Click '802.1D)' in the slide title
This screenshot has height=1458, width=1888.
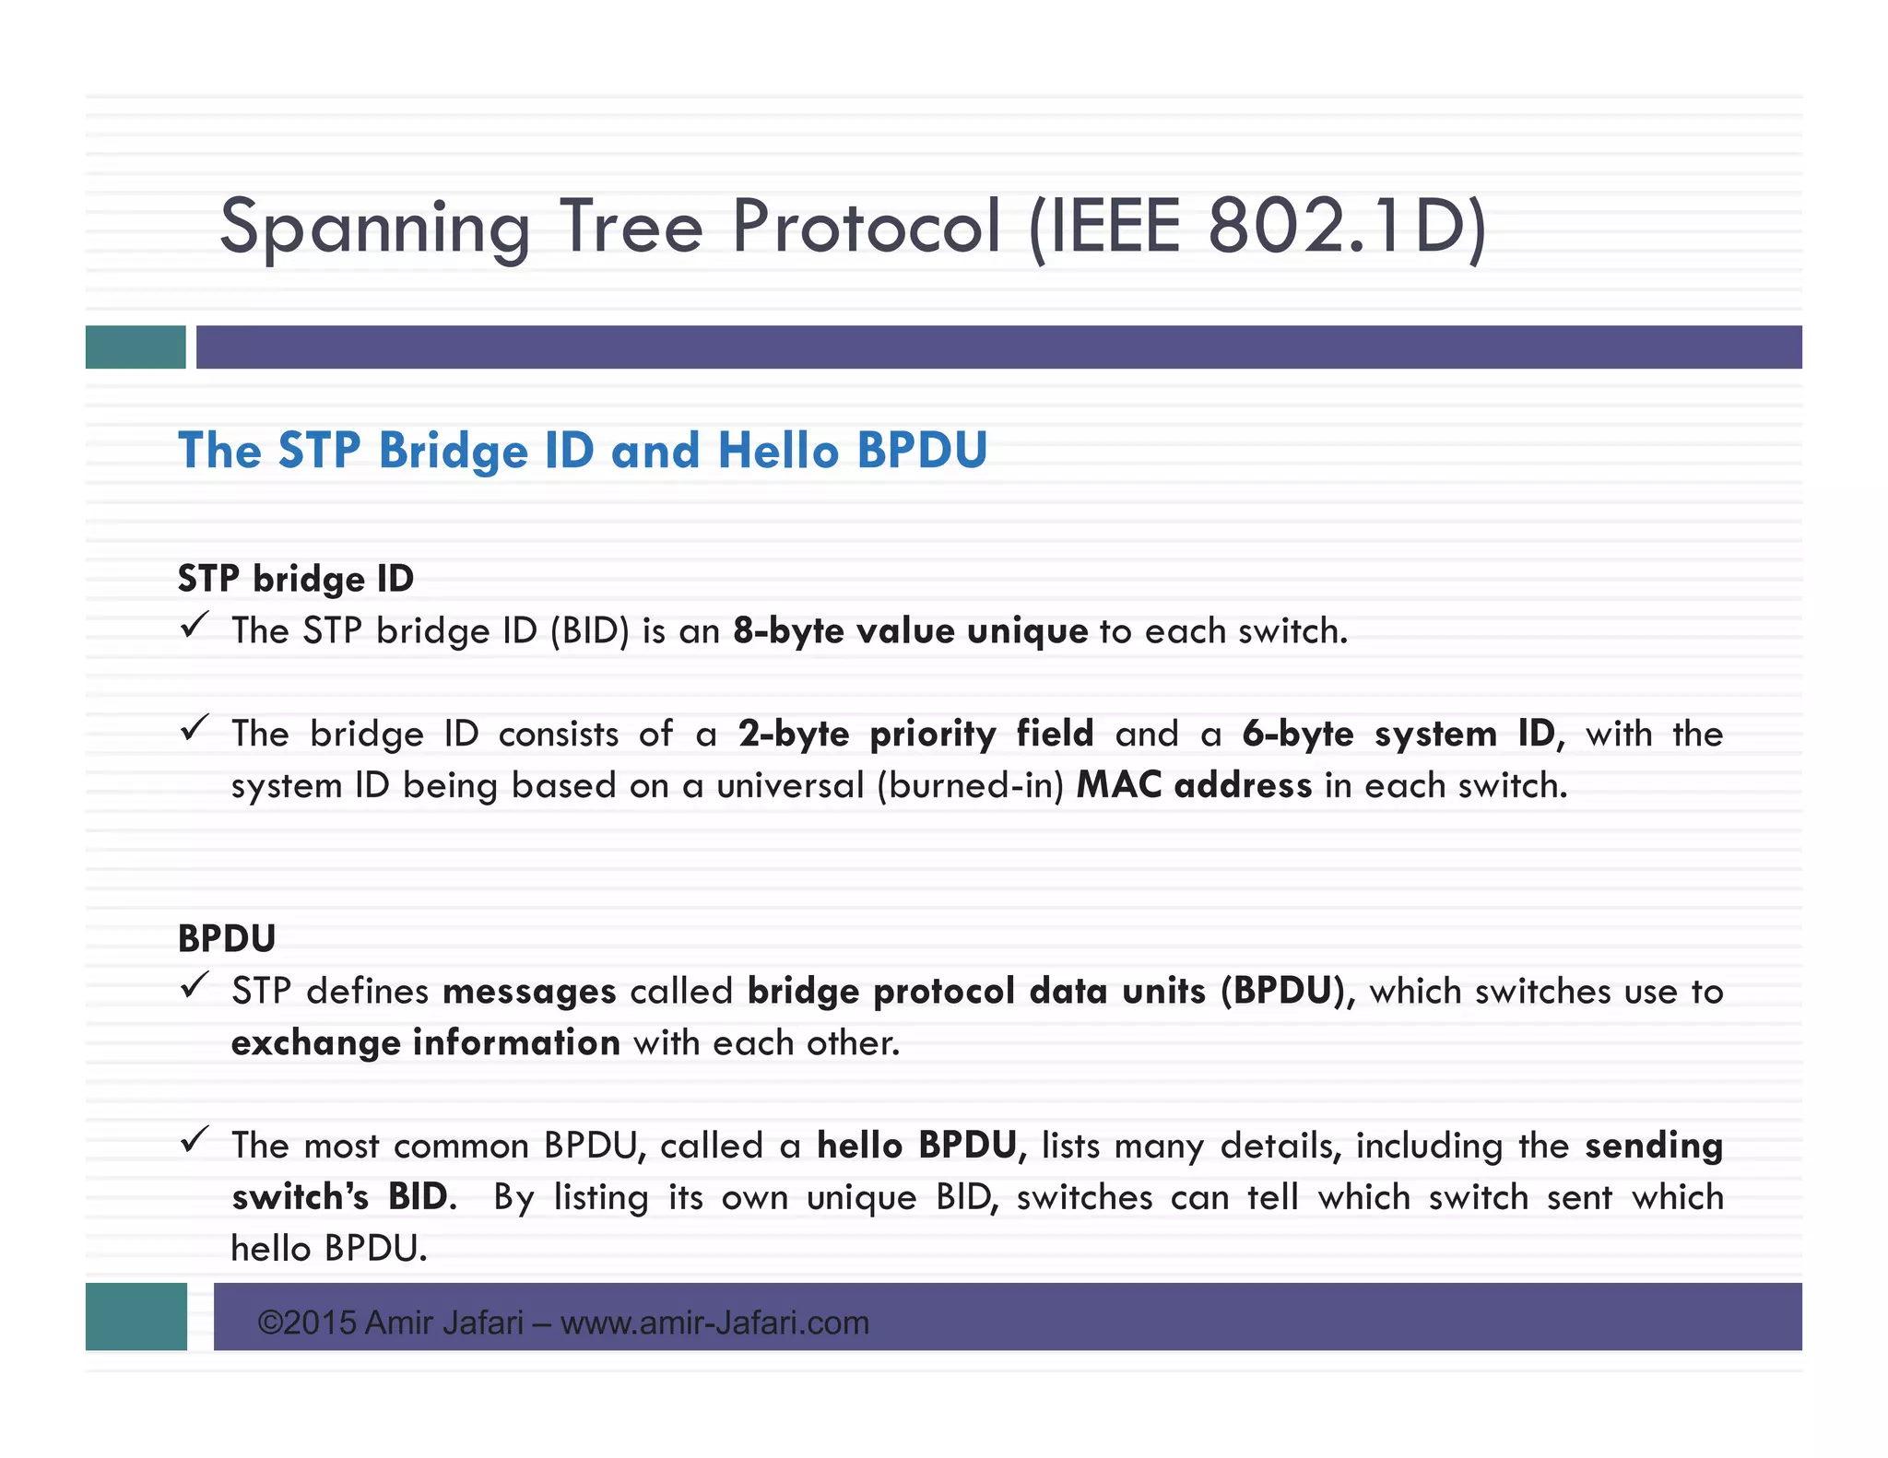coord(1346,227)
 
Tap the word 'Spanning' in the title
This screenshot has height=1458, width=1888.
coord(374,229)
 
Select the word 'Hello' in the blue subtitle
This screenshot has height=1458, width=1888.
coord(778,451)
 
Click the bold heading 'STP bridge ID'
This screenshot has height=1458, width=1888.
coord(295,579)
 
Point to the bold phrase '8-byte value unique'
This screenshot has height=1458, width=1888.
coord(910,631)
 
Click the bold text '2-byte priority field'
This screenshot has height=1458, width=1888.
coord(915,735)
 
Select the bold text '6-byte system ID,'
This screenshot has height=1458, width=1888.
coord(1402,735)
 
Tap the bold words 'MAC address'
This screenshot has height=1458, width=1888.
coord(1193,785)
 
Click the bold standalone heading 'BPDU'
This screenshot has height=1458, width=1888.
coord(227,938)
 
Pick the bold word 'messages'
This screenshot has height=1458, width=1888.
coord(529,992)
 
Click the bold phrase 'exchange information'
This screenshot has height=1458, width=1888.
coord(425,1043)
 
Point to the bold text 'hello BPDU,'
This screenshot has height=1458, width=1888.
coord(921,1146)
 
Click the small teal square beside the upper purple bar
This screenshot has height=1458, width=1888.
coord(136,347)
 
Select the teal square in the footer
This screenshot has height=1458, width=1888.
coord(136,1316)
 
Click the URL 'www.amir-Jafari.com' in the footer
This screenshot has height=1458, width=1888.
coord(714,1323)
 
